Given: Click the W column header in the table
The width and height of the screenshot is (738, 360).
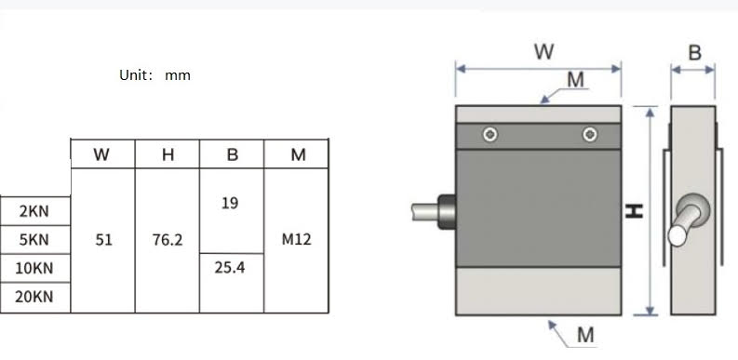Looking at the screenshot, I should [102, 155].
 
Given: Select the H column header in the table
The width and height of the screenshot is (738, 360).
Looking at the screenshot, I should [168, 155].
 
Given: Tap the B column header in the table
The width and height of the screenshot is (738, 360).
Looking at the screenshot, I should [232, 155].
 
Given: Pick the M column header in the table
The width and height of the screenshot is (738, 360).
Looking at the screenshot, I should [297, 155].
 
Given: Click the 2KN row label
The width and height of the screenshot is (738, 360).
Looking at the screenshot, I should [34, 211].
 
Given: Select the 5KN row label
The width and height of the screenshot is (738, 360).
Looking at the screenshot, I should [34, 240].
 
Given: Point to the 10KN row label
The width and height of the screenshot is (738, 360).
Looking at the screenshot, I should [34, 269].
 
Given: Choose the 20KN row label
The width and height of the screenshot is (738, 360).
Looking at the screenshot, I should [34, 298].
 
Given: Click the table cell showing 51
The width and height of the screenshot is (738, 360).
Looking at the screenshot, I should [103, 240].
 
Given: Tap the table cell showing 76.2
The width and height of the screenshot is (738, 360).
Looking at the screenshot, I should [168, 240].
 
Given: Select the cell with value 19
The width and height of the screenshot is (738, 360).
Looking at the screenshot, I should [231, 202].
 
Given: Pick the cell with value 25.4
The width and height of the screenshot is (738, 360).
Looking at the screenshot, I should [232, 269].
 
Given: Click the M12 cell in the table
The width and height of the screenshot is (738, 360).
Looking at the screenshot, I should [296, 240].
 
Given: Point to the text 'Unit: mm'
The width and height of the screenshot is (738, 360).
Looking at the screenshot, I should [154, 75].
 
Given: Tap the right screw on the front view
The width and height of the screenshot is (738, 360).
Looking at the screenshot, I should [589, 136].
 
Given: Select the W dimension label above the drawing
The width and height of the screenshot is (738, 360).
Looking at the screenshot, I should [543, 53].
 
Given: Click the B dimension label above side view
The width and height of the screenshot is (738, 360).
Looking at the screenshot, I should [694, 53].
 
